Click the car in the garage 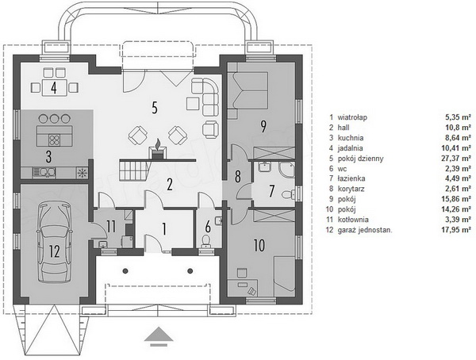tap(55, 242)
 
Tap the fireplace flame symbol tap(158, 144)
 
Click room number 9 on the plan tap(263, 126)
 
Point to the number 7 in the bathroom tap(271, 191)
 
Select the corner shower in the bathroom tap(286, 170)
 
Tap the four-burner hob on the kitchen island tap(55, 140)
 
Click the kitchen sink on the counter tap(44, 172)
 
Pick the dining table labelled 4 tap(54, 87)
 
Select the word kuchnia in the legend tap(351, 138)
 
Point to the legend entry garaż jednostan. tap(365, 230)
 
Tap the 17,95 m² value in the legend tap(456, 230)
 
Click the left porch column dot tap(125, 270)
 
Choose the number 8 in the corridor tap(238, 176)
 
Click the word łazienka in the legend tap(351, 178)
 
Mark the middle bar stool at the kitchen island tap(55, 118)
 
